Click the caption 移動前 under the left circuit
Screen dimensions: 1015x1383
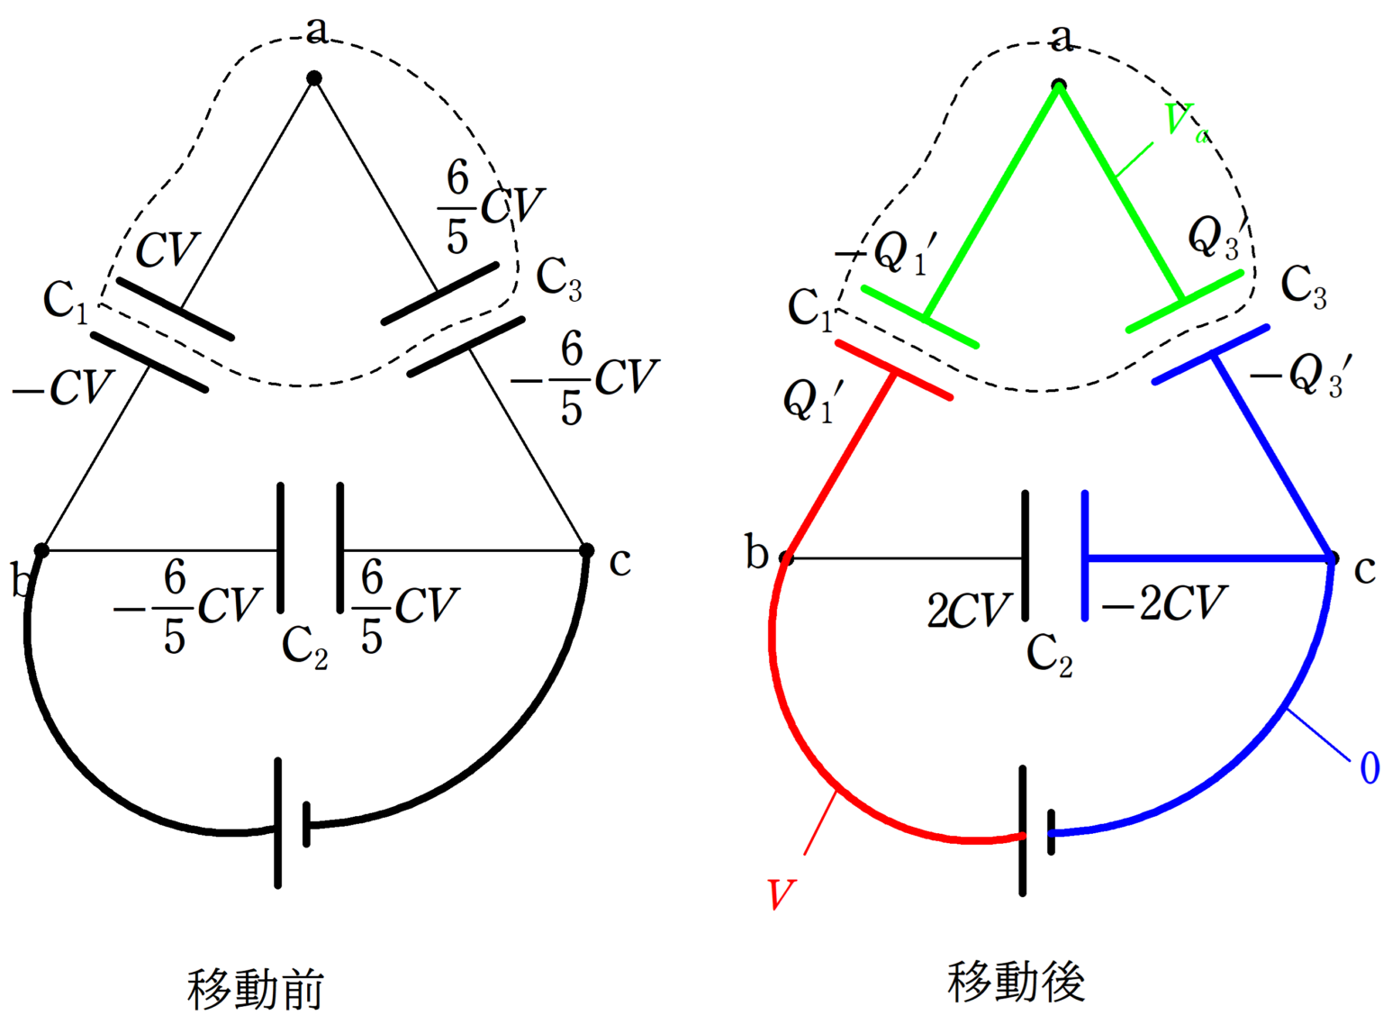[255, 988]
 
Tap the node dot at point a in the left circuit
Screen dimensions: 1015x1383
[314, 78]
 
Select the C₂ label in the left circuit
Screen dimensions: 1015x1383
[304, 648]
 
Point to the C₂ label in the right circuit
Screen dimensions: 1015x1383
[1049, 656]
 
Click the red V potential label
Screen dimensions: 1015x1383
[781, 895]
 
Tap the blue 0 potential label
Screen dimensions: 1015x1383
[1369, 768]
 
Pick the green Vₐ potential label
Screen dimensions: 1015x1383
[1185, 122]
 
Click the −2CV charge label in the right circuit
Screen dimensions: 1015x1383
[1164, 604]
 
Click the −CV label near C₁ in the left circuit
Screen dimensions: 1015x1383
[61, 388]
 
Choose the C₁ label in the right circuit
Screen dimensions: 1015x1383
[810, 309]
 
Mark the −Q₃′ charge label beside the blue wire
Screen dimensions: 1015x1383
[1300, 375]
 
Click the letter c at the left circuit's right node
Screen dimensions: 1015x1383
[619, 562]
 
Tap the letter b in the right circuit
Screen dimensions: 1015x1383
[756, 552]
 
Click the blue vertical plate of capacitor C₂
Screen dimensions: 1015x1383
[1086, 556]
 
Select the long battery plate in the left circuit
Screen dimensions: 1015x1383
[278, 823]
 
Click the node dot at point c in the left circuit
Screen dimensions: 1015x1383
[587, 550]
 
